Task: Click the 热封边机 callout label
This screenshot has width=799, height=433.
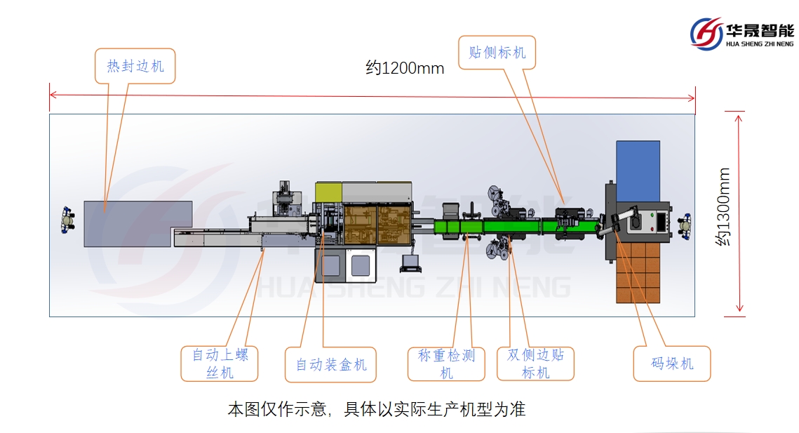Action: [135, 66]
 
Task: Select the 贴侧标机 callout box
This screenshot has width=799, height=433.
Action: [497, 53]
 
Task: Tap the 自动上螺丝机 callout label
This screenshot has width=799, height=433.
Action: [220, 364]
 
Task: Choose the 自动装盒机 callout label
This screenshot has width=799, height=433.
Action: [330, 364]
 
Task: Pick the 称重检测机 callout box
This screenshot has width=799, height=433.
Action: [447, 364]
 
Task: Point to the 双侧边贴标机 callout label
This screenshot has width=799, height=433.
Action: [535, 364]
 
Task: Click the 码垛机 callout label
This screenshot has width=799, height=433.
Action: [672, 364]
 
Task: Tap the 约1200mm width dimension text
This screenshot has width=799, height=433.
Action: [405, 68]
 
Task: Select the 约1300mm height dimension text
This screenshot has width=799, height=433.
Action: [723, 206]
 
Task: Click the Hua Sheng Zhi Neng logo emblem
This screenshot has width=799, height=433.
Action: [706, 33]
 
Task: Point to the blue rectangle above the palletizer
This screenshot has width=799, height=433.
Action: [638, 168]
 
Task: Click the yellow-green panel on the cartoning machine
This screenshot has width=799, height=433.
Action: [328, 191]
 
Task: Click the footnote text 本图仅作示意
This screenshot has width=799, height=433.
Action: [376, 409]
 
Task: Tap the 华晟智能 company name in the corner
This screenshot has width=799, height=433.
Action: [760, 30]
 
